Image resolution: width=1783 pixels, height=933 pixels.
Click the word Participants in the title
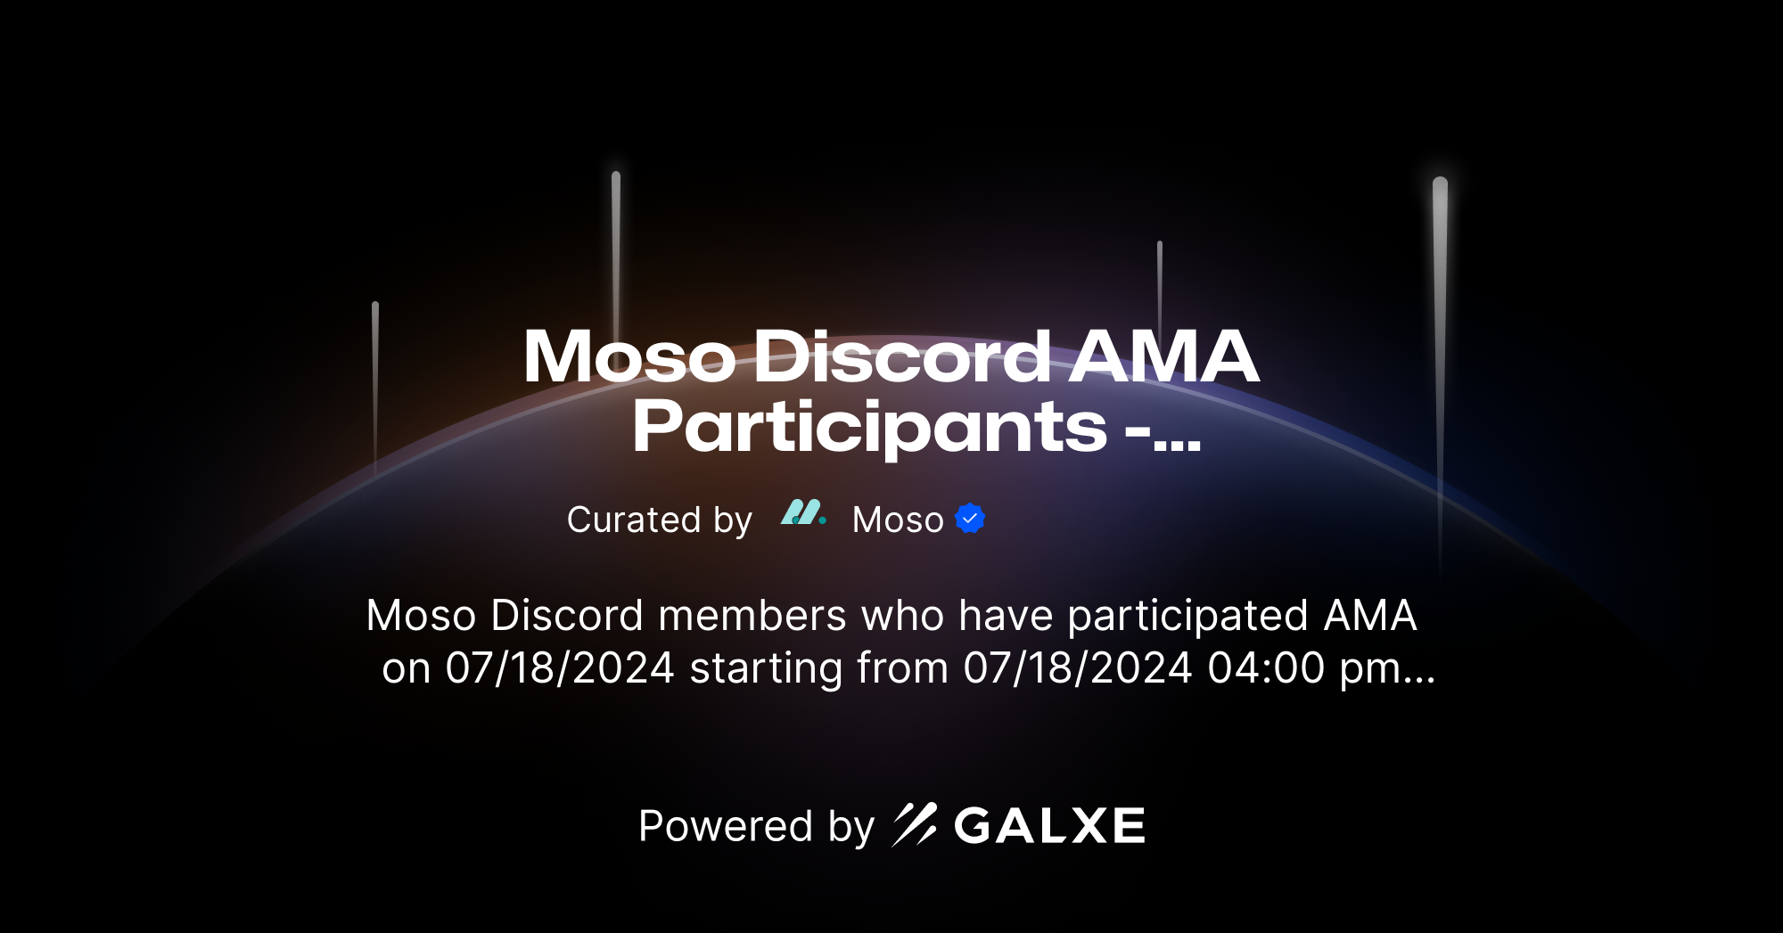[x=869, y=429]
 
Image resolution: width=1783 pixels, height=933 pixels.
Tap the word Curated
[x=634, y=520]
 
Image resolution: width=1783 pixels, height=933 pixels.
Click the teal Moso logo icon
[x=802, y=513]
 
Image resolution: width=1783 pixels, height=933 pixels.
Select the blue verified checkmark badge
[x=970, y=519]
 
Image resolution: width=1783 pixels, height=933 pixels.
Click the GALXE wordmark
[x=1049, y=826]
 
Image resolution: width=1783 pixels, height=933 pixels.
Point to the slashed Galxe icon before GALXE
[x=915, y=824]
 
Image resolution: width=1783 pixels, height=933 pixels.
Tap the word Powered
[x=726, y=826]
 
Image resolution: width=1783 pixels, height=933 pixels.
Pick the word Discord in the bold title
[x=902, y=357]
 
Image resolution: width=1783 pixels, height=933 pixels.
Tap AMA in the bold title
[x=1164, y=356]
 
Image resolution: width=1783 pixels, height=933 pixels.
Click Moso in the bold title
[x=629, y=357]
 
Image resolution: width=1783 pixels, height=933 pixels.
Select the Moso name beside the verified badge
[x=898, y=520]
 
